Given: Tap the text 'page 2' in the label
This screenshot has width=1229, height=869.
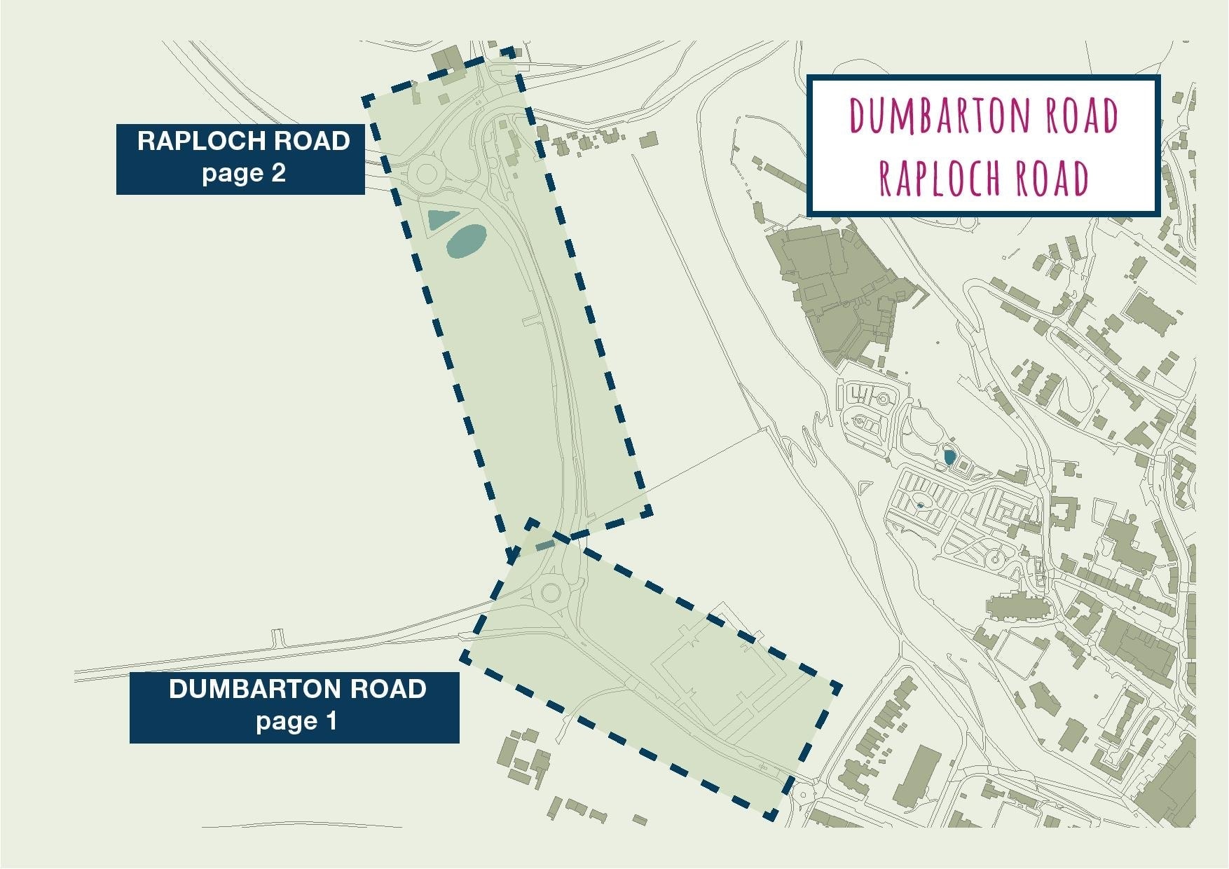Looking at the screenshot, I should [244, 172].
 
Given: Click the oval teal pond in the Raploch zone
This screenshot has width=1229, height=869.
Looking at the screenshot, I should [466, 241].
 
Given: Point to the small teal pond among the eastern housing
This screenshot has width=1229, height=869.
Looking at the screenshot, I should [949, 457].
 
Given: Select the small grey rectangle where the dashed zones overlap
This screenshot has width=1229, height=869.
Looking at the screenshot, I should [544, 545].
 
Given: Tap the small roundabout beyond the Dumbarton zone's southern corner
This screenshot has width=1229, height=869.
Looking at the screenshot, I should [802, 794].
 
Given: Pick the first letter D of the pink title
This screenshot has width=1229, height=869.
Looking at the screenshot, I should [858, 116].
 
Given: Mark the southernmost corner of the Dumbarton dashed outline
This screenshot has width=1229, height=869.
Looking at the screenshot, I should [771, 816].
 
